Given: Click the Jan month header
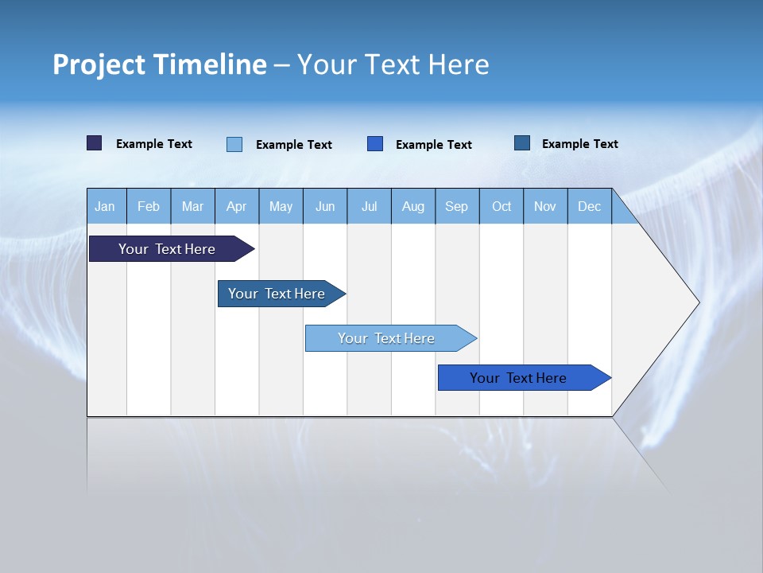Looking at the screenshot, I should [x=105, y=206].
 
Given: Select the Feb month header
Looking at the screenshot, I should [x=149, y=206].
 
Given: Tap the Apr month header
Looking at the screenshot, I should [x=237, y=206].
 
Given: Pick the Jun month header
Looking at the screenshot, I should [x=325, y=206].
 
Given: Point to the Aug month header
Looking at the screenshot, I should [x=413, y=206].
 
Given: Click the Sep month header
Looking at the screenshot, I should [x=457, y=206].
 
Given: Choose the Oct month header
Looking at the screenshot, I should [x=502, y=206].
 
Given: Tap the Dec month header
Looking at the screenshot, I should [x=590, y=206].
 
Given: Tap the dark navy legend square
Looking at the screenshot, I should [x=95, y=143].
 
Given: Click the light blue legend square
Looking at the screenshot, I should [x=234, y=144].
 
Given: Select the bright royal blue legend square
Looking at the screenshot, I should [x=375, y=143].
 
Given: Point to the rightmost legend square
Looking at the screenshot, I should [x=522, y=143].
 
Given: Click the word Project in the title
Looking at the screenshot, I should [x=97, y=64].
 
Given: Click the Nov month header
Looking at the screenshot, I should [x=545, y=206].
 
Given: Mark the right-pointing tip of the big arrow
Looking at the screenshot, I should [x=698, y=302].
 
